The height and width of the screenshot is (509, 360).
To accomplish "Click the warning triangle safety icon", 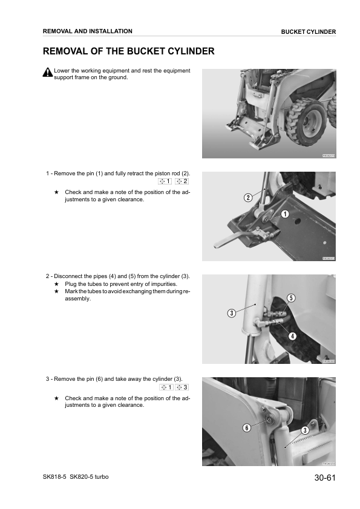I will point(48,73).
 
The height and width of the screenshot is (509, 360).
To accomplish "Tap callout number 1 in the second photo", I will point(284,213).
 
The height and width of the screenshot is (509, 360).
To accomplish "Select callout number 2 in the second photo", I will point(248,198).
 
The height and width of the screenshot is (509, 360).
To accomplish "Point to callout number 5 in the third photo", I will point(291,298).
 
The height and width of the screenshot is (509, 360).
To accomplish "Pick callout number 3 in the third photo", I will point(231,313).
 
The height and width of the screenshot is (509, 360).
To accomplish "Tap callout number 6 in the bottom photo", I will point(246,428).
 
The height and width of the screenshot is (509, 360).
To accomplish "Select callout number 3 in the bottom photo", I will point(305,430).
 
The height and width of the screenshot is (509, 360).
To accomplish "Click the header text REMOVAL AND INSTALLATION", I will point(88,31).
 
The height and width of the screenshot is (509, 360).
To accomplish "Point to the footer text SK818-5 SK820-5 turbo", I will point(76,477).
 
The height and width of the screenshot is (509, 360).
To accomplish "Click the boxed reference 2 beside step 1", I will point(182,181).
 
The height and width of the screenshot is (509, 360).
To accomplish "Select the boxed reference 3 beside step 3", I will point(182,387).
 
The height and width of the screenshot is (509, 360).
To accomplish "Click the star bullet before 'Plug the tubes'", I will point(56,284).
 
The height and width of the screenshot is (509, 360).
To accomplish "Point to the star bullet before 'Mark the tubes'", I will point(56,291).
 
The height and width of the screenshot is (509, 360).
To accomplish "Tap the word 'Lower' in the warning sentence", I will point(62,71).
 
